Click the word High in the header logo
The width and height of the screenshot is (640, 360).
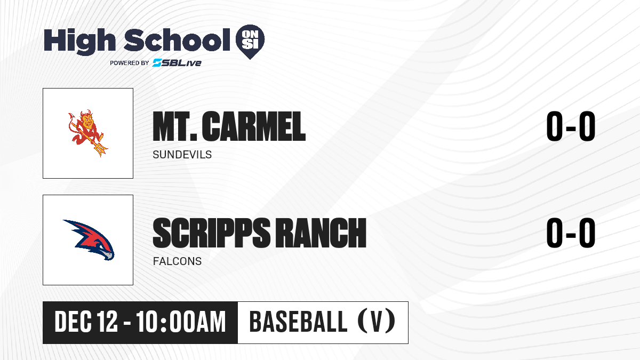pyautogui.click(x=79, y=41)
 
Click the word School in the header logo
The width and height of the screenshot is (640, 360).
pyautogui.click(x=177, y=40)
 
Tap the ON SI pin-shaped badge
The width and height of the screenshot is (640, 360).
pyautogui.click(x=250, y=42)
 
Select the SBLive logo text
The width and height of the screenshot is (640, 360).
pyautogui.click(x=177, y=63)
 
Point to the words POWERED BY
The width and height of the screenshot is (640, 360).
pyautogui.click(x=130, y=63)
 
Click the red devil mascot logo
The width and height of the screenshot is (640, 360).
pyautogui.click(x=87, y=133)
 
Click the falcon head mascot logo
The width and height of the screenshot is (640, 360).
pyautogui.click(x=89, y=240)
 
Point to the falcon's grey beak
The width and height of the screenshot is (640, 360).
pyautogui.click(x=108, y=255)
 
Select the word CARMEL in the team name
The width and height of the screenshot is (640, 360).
pyautogui.click(x=254, y=126)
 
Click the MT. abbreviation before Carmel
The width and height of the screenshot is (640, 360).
pyautogui.click(x=175, y=126)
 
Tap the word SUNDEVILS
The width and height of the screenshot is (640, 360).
pyautogui.click(x=182, y=155)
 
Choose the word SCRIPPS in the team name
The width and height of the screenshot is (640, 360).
pyautogui.click(x=211, y=233)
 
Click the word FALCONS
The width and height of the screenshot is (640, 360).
pyautogui.click(x=177, y=261)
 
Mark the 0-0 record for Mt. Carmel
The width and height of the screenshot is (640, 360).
pyautogui.click(x=571, y=126)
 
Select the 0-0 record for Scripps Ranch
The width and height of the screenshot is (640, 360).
pyautogui.click(x=571, y=233)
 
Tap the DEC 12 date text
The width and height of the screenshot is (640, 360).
pyautogui.click(x=86, y=322)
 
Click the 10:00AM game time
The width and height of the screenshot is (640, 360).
pyautogui.click(x=181, y=322)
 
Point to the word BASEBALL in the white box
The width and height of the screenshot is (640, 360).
pyautogui.click(x=298, y=322)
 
